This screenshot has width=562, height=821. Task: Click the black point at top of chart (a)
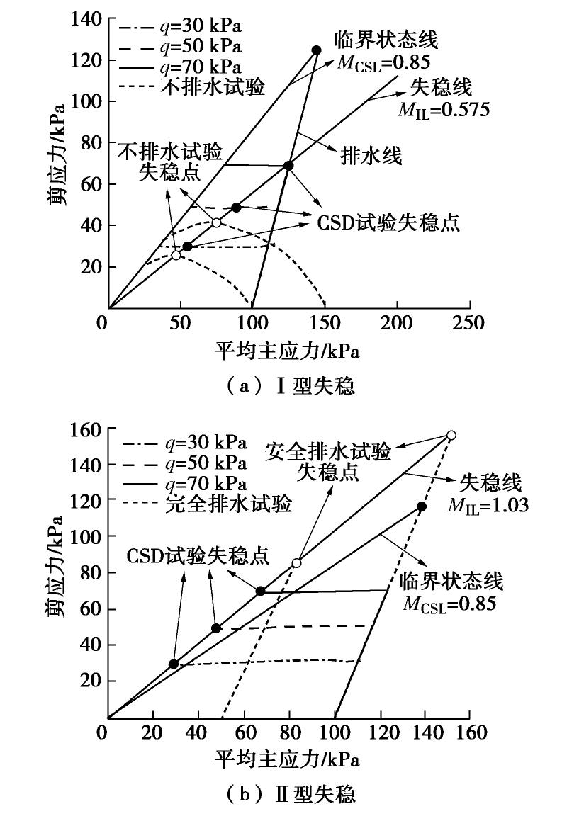pyautogui.click(x=316, y=50)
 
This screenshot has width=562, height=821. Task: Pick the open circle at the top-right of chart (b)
pyautogui.click(x=451, y=435)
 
